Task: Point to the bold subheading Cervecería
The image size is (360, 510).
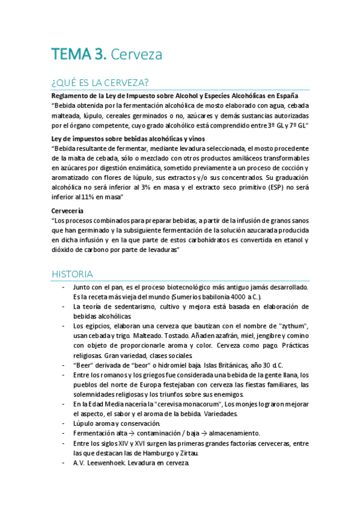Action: click(x=68, y=211)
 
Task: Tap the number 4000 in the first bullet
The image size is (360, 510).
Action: click(x=236, y=297)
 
